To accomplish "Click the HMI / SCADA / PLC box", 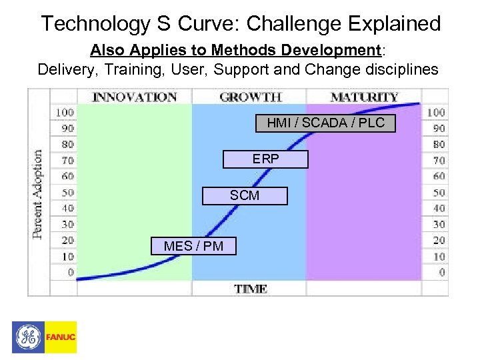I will click(x=325, y=123).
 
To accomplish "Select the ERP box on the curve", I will click(x=265, y=159).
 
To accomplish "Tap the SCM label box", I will click(x=245, y=195).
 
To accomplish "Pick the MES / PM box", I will click(x=193, y=246).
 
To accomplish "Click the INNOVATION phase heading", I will click(x=134, y=97).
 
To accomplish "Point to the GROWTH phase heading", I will click(x=250, y=97).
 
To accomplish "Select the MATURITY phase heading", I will click(x=363, y=97).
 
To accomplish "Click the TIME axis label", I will click(x=251, y=289).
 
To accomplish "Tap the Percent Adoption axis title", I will click(x=37, y=193).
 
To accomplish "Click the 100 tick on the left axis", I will click(x=65, y=112).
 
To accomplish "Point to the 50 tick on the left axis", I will click(x=67, y=192).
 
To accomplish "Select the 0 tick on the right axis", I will click(x=441, y=272).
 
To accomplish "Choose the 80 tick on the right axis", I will click(x=439, y=144).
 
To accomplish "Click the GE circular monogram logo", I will click(x=28, y=337).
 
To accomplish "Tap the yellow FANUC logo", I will click(x=61, y=337).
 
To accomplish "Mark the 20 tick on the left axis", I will click(x=67, y=240).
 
